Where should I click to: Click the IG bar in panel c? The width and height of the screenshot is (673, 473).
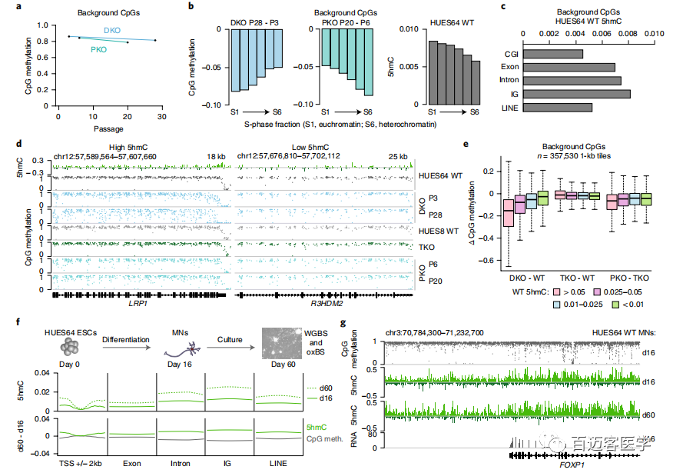point(575,94)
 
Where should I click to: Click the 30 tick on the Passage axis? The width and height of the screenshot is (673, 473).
point(161,116)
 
